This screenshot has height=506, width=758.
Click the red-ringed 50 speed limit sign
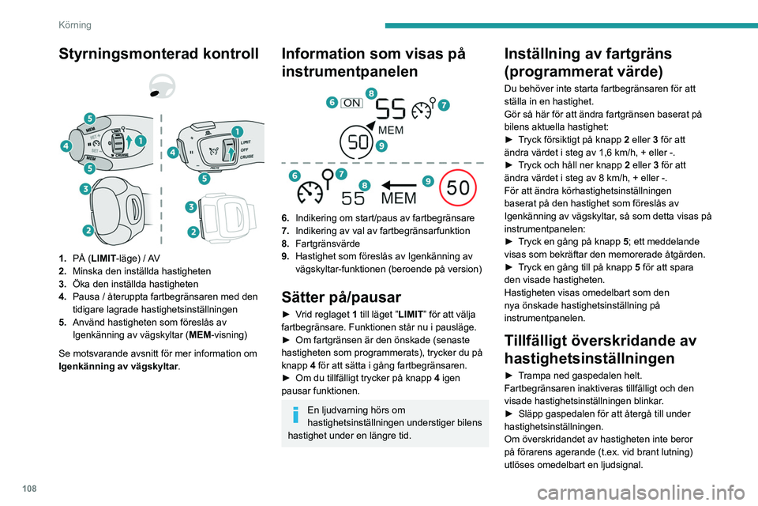(461, 188)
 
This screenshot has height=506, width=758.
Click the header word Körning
(74, 25)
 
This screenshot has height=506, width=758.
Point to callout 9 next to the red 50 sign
(427, 180)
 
